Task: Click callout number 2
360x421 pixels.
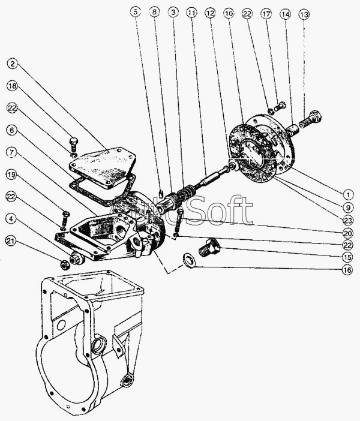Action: (x=13, y=62)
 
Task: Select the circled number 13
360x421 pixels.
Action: (x=304, y=13)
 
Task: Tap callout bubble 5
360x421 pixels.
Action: (x=136, y=12)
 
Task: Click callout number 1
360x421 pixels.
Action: (x=347, y=194)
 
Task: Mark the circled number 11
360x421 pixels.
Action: (x=191, y=12)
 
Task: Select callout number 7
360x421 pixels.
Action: (x=13, y=152)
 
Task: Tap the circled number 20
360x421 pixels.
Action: (x=347, y=232)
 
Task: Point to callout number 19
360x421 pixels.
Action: (x=13, y=175)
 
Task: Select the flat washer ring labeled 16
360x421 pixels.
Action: (x=188, y=260)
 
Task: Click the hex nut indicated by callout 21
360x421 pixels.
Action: (x=64, y=264)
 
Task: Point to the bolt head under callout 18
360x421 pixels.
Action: (x=73, y=143)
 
